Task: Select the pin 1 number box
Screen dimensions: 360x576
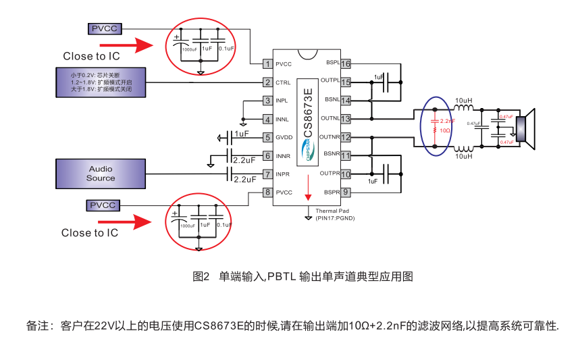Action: (267, 64)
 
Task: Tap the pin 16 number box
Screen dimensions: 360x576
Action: (345, 64)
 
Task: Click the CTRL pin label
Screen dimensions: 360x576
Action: (283, 82)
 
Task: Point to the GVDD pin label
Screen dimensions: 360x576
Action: (284, 137)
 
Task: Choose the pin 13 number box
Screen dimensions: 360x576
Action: (345, 119)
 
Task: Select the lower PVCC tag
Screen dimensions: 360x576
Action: (103, 205)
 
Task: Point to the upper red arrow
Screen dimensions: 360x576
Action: (134, 46)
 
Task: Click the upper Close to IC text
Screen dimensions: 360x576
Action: (91, 57)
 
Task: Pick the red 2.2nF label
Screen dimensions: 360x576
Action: (447, 121)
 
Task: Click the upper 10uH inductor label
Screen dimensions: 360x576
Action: (463, 101)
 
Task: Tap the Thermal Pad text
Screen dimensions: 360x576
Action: (334, 211)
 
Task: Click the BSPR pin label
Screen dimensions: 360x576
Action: (331, 192)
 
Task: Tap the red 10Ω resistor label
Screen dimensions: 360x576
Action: (446, 130)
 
